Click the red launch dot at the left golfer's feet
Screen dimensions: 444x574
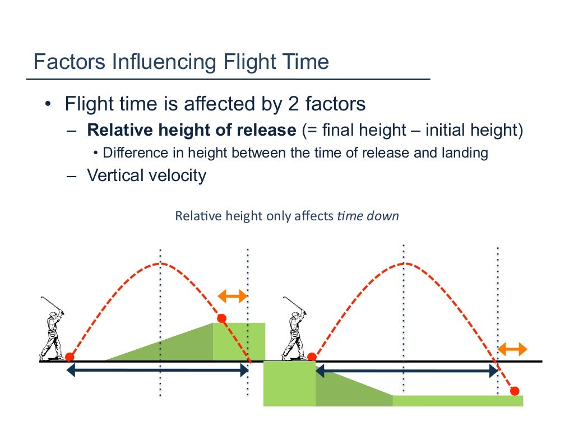pyautogui.click(x=70, y=357)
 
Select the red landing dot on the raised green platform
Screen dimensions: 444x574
pyautogui.click(x=221, y=318)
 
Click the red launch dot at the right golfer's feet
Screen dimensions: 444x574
pyautogui.click(x=312, y=357)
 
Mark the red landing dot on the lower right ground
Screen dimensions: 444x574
pyautogui.click(x=515, y=391)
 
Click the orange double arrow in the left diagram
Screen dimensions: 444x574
pyautogui.click(x=232, y=296)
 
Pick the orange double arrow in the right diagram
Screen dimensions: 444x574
pyautogui.click(x=512, y=350)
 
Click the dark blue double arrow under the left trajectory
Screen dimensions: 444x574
pyautogui.click(x=158, y=370)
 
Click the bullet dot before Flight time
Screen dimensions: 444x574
pyautogui.click(x=49, y=105)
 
